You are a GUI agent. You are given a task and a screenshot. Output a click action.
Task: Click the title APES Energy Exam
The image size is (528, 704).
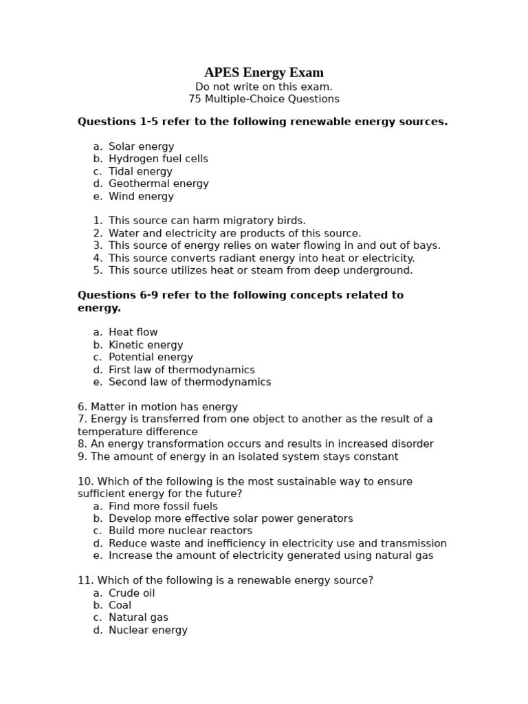(264, 73)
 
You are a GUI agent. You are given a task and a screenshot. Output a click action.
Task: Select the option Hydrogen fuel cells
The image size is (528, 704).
(158, 159)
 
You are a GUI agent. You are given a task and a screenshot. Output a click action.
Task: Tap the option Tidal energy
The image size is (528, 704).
(140, 171)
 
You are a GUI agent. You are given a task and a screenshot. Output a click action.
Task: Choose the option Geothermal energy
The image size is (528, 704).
(158, 184)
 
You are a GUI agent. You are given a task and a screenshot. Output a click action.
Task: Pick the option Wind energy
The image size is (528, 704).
(141, 197)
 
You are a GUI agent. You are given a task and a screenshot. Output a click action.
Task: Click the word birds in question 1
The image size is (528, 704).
(291, 221)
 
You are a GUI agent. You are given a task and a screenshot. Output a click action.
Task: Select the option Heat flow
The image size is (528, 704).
(133, 332)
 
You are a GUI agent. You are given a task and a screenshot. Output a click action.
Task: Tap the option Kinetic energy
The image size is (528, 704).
(146, 345)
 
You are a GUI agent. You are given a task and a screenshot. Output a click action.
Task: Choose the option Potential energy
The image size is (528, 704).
(151, 357)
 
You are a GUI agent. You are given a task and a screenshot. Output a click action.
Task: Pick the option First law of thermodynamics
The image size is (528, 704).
(181, 370)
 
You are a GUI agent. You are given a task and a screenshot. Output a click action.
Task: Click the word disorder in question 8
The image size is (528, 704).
(410, 444)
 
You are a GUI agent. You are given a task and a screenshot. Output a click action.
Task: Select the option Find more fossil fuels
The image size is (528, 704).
(163, 506)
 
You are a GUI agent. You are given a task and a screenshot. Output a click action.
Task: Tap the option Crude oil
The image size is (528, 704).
(131, 593)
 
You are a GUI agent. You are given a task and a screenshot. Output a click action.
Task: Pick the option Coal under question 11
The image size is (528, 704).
(120, 606)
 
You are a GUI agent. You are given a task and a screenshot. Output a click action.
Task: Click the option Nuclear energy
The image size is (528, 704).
(148, 630)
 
